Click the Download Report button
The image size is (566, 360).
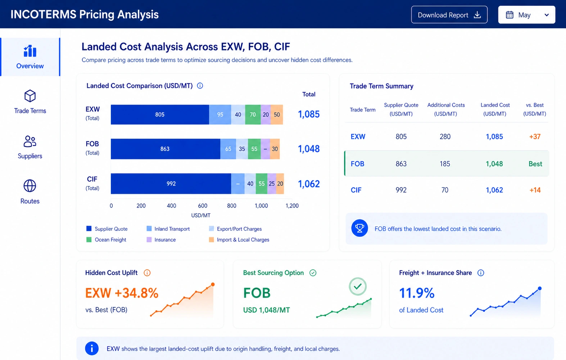click(449, 15)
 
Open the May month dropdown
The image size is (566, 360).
click(526, 15)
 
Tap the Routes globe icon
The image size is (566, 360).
click(30, 186)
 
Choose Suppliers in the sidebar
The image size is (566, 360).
click(30, 147)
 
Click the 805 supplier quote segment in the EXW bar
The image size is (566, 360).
click(160, 114)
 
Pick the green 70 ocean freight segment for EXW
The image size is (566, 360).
click(253, 114)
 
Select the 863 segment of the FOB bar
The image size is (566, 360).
click(166, 149)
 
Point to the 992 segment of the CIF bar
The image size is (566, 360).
click(171, 184)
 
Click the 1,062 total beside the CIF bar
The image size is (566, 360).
click(309, 184)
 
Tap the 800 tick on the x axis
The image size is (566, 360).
click(231, 206)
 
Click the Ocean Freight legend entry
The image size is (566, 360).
click(107, 240)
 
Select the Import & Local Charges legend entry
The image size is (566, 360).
click(239, 240)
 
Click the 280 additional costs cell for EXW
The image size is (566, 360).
click(445, 137)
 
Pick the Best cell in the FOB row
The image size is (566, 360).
click(535, 164)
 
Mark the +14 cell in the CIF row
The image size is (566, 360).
click(535, 190)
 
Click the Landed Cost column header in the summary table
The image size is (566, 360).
click(495, 109)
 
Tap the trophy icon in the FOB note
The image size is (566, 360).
click(359, 228)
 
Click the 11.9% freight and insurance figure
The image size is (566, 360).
click(417, 293)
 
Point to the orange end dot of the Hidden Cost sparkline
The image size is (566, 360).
click(213, 284)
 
